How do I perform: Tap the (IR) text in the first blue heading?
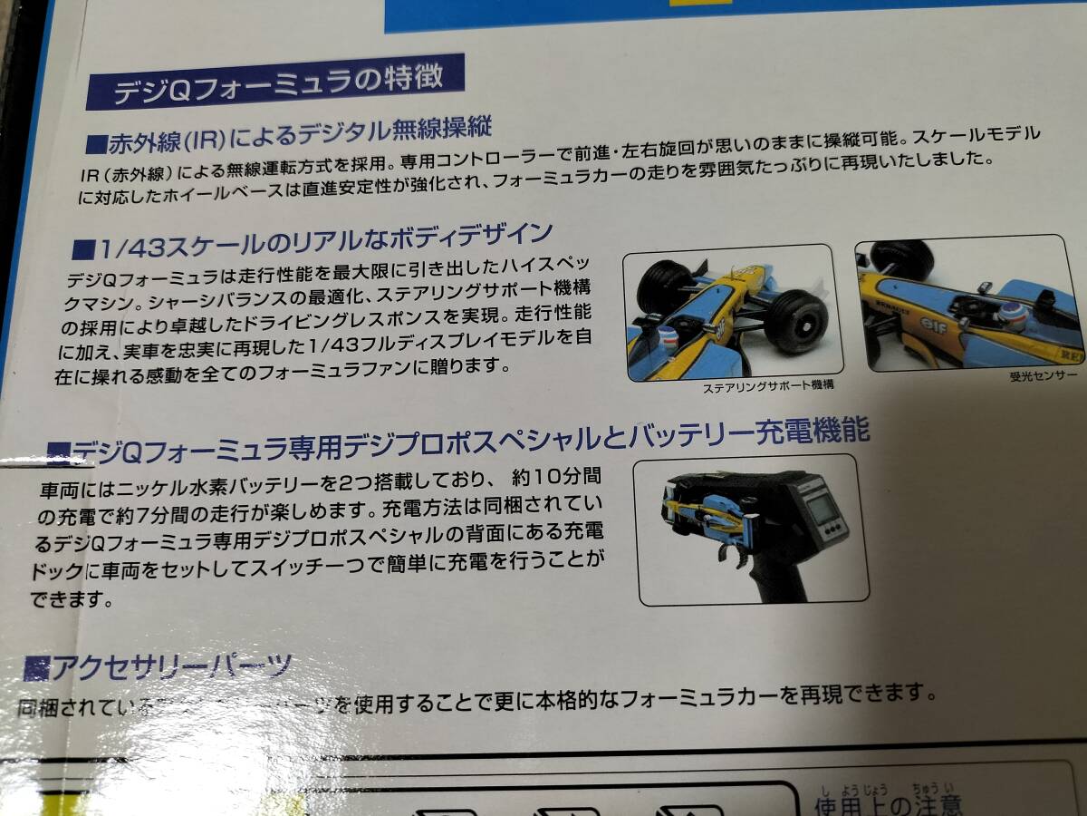coord(197,140)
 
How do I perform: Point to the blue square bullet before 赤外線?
coord(97,143)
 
